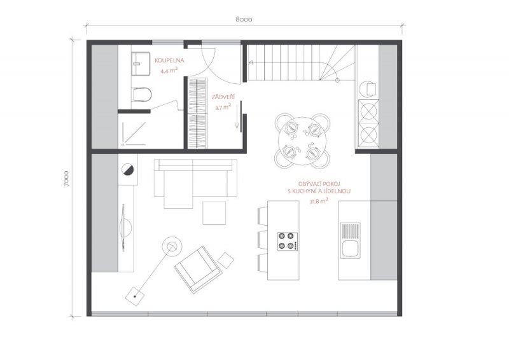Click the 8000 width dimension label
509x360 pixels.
click(x=244, y=20)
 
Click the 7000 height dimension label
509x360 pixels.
click(x=67, y=178)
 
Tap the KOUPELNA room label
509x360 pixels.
click(x=169, y=60)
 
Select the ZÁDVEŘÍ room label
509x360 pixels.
click(x=223, y=97)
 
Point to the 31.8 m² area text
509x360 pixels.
click(x=319, y=201)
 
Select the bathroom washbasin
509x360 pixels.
click(x=141, y=64)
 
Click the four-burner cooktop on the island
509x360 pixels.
click(x=288, y=242)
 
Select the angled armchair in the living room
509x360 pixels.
click(x=199, y=269)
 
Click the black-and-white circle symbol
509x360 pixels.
click(x=127, y=169)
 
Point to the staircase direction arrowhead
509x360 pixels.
click(x=251, y=63)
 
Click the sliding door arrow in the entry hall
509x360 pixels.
click(x=237, y=115)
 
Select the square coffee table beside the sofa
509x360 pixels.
click(x=214, y=213)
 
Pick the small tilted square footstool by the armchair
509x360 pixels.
click(x=226, y=260)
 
